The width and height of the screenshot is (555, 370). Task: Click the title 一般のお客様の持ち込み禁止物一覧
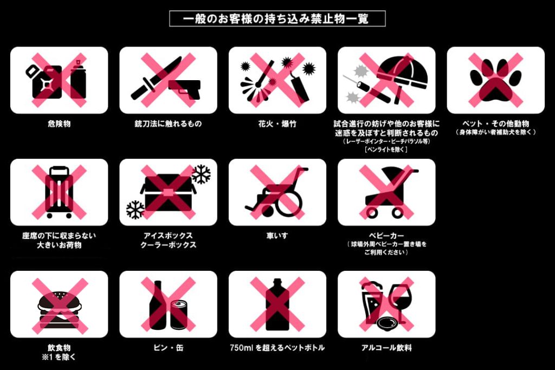[x=276, y=18]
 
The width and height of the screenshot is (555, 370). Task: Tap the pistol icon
[x=184, y=88]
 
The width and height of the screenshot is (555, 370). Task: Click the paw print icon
[x=495, y=80]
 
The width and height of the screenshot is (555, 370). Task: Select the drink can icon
[x=179, y=315]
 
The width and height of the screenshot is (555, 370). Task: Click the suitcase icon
[x=59, y=192]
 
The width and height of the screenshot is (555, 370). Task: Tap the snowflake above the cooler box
[x=201, y=174]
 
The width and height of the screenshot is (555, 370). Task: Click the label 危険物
[x=59, y=124]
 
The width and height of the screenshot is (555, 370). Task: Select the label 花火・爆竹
[x=277, y=124]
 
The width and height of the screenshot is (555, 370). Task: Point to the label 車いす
[x=277, y=236]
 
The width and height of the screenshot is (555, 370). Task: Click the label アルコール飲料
[x=386, y=348]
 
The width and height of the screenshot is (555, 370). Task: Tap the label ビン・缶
[x=169, y=348]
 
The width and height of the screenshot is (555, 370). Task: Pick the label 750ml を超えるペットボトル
[x=277, y=348]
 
